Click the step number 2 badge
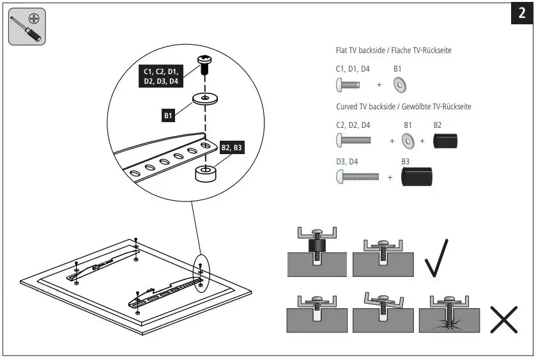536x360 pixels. [521, 14]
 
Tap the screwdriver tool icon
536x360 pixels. [27, 26]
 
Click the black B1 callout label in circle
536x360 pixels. [169, 116]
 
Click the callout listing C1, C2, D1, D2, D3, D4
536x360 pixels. [160, 76]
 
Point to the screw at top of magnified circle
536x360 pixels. [206, 65]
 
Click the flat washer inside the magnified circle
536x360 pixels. [206, 100]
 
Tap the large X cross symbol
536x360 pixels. [503, 318]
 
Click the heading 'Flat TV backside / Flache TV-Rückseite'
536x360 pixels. [394, 51]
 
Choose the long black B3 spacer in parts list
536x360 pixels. [417, 176]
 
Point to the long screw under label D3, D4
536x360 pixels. [358, 176]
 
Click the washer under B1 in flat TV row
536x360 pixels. [401, 84]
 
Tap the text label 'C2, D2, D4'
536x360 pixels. [353, 125]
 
